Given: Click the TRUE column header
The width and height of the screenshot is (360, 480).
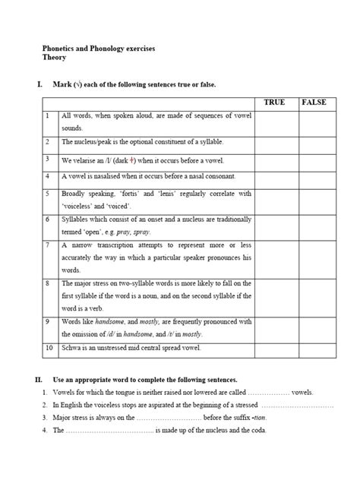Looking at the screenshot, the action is point(274,102).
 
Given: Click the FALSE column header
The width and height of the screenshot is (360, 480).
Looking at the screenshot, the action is point(313,102).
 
